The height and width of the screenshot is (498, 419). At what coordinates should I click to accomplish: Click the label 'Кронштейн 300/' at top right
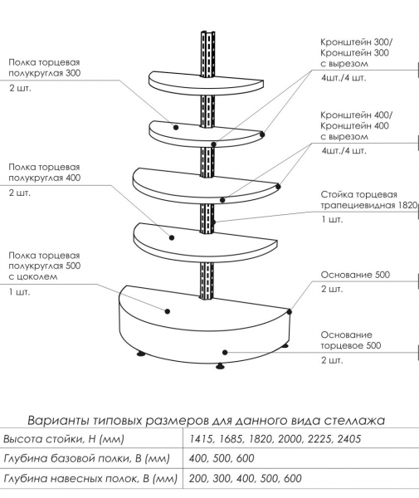pyautogui.click(x=357, y=42)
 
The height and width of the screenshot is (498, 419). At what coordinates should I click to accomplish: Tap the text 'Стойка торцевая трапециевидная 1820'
pyautogui.click(x=369, y=200)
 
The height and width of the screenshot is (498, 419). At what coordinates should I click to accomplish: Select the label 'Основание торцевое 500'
pyautogui.click(x=351, y=340)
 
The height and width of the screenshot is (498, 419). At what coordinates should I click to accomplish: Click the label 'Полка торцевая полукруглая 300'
pyautogui.click(x=45, y=68)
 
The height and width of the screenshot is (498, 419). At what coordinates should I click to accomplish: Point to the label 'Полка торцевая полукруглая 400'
pyautogui.click(x=45, y=173)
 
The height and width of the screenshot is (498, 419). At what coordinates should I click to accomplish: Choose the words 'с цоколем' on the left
pyautogui.click(x=33, y=276)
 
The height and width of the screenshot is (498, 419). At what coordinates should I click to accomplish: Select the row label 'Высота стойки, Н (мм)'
pyautogui.click(x=64, y=439)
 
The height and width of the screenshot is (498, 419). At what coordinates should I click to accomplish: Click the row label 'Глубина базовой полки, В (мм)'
pyautogui.click(x=86, y=459)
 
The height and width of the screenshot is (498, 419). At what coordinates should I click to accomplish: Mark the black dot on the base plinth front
pyautogui.click(x=225, y=352)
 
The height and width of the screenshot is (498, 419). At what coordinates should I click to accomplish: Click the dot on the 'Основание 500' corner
pyautogui.click(x=290, y=312)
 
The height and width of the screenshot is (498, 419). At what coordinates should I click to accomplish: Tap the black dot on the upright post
pyautogui.click(x=214, y=222)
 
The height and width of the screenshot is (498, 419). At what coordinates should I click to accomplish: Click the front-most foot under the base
pyautogui.click(x=220, y=366)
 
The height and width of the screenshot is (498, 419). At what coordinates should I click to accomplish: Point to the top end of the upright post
pyautogui.click(x=207, y=32)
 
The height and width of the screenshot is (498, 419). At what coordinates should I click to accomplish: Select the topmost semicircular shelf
pyautogui.click(x=207, y=83)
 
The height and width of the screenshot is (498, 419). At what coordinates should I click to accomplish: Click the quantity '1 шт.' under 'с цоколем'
pyautogui.click(x=20, y=292)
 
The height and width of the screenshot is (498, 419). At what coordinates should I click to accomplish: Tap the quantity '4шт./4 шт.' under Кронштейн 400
pyautogui.click(x=343, y=150)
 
